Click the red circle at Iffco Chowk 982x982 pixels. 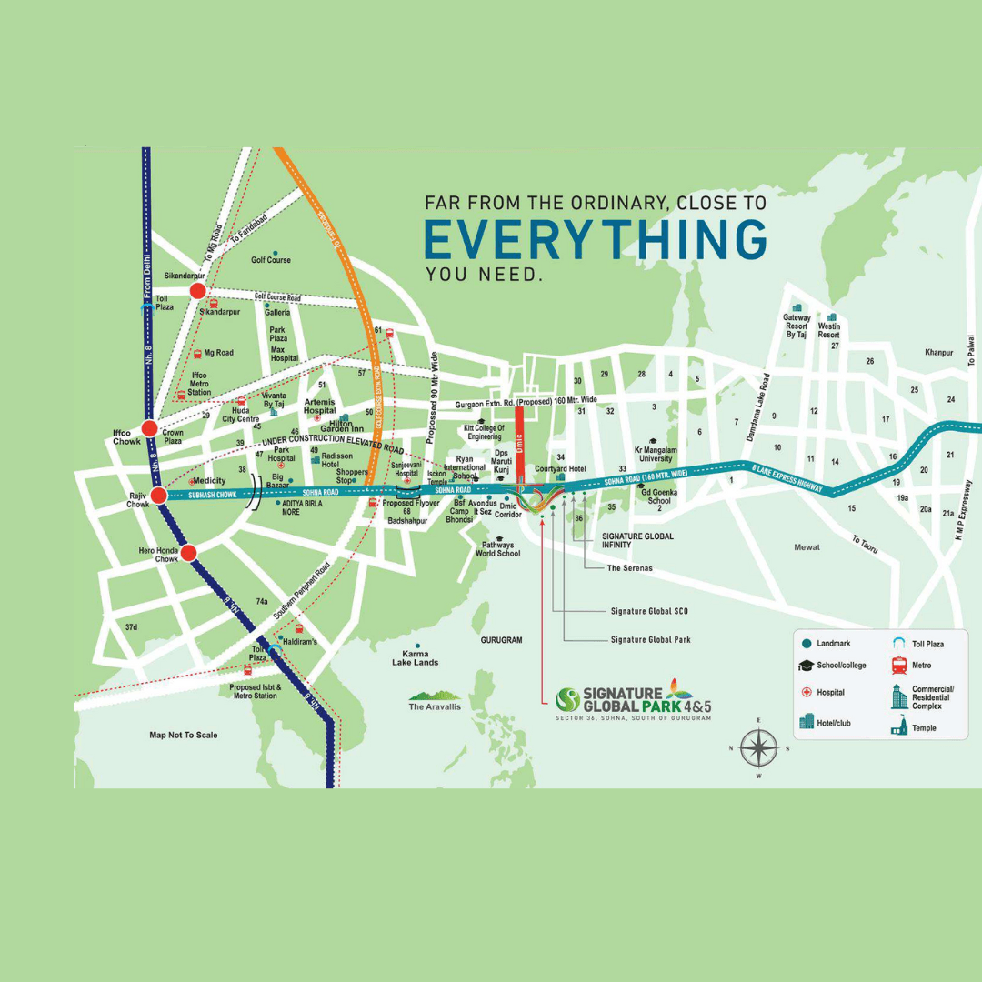pos(149,428)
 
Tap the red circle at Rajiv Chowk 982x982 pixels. pos(158,496)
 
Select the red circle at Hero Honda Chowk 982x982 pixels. pos(188,553)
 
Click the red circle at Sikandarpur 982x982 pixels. pos(197,291)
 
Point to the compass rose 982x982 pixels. pos(757,748)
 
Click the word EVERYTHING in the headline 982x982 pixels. pos(596,239)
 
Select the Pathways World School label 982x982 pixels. pos(497,548)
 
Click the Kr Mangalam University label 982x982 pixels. pos(654,454)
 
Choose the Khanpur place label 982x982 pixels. pos(938,353)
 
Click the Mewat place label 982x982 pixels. pos(806,546)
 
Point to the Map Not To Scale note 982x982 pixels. pos(183,735)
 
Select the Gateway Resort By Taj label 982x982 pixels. pos(797,326)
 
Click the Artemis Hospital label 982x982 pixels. pos(319,406)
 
